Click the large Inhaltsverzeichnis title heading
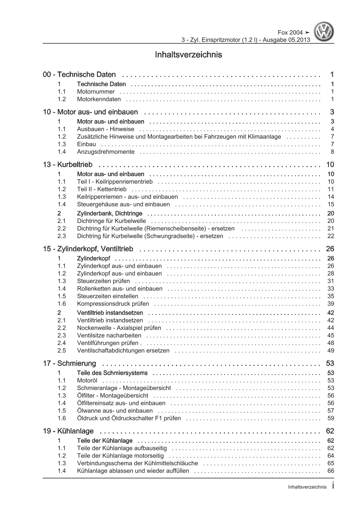[188, 55]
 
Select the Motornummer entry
[96, 92]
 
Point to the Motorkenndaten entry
[99, 99]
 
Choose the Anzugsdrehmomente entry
[106, 152]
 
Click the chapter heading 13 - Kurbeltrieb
[68, 165]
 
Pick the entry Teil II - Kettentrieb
[102, 189]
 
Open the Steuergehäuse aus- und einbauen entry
[123, 204]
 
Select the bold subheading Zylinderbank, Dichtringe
[109, 214]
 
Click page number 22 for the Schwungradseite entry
[331, 236]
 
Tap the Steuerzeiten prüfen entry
[103, 281]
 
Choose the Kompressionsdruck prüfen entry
[113, 304]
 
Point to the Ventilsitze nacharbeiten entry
[109, 335]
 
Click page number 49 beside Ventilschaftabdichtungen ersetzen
[331, 351]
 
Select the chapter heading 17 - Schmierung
[69, 363]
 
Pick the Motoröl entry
[87, 380]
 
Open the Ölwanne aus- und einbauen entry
[115, 411]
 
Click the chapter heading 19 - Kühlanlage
[68, 431]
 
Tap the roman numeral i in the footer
[333, 487]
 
